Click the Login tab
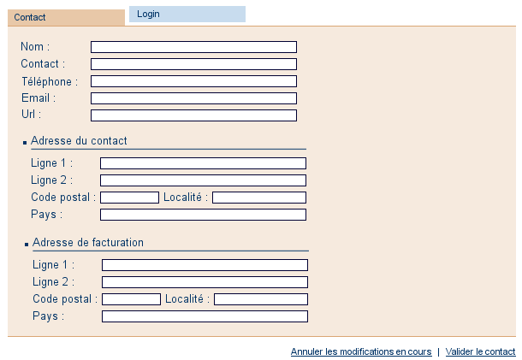(187, 14)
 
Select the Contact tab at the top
(66, 17)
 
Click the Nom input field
(193, 47)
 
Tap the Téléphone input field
(193, 81)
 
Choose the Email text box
(193, 98)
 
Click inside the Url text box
(193, 115)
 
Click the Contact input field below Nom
(193, 64)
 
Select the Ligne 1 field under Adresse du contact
(203, 163)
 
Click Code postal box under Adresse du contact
(129, 198)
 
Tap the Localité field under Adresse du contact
(259, 198)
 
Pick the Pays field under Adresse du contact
(203, 215)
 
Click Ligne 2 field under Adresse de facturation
(205, 282)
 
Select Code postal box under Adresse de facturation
(131, 299)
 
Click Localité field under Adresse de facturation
(261, 299)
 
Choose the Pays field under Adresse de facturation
(205, 316)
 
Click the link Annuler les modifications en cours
(361, 351)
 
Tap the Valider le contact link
(480, 351)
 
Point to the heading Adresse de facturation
(88, 242)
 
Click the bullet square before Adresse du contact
(25, 143)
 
